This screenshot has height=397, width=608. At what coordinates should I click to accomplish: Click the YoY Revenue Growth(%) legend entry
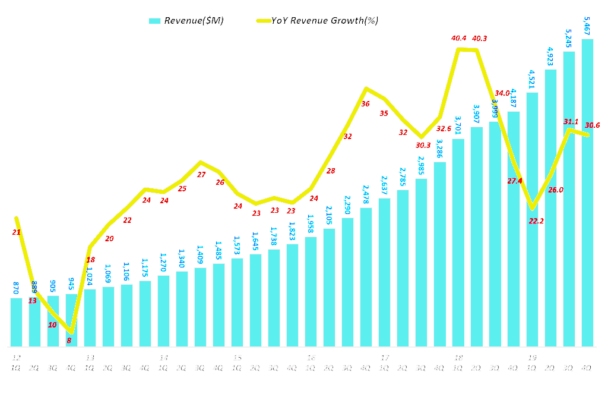click(x=317, y=21)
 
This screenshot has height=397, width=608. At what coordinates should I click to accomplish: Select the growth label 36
click(x=365, y=104)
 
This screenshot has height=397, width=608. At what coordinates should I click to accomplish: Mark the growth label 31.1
click(x=571, y=121)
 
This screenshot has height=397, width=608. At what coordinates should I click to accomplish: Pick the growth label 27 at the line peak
click(x=201, y=175)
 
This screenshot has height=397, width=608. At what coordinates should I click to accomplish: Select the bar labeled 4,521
click(x=532, y=219)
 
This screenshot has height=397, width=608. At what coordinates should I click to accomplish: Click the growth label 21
click(x=16, y=232)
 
